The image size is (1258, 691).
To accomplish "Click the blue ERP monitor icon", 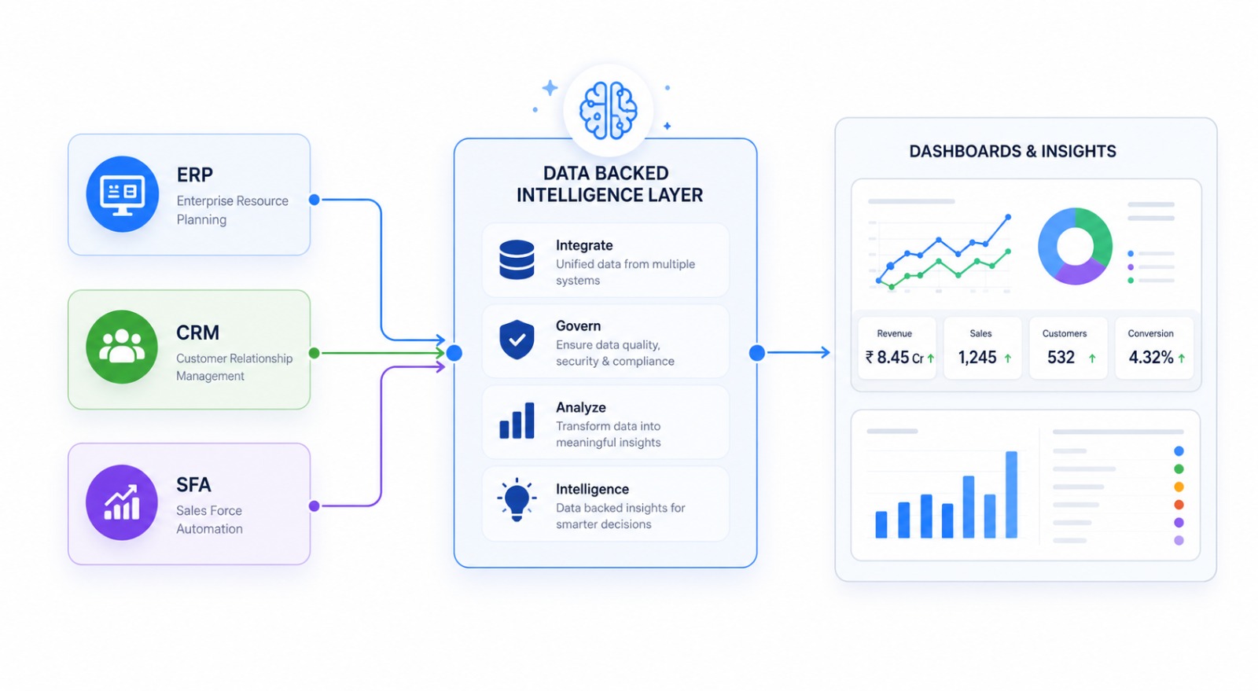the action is click(122, 194).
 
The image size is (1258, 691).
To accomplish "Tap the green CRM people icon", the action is click(122, 347).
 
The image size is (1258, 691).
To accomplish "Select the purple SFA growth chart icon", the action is click(122, 502).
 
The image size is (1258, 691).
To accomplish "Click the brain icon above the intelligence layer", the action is click(609, 110).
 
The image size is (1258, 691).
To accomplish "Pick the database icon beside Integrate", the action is click(517, 260).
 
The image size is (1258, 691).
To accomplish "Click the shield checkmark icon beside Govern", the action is click(517, 340).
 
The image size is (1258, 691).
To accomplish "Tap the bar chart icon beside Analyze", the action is click(517, 421).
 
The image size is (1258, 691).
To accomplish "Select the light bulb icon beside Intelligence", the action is click(517, 500).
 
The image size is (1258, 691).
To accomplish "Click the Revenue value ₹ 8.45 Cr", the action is click(895, 358).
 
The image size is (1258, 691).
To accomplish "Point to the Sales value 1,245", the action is click(977, 358).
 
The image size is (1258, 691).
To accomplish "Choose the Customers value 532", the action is click(1061, 358).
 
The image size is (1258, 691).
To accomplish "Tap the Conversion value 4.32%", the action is click(1151, 358).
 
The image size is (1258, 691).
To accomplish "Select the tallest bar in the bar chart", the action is click(1011, 494).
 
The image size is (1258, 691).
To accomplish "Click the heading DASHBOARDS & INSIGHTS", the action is click(1013, 152).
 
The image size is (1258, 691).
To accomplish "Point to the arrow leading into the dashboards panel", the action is click(798, 352).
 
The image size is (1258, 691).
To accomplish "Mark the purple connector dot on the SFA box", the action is click(314, 505).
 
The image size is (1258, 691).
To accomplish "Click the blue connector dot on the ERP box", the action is click(314, 199).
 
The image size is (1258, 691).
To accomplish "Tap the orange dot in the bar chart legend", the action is click(1179, 487).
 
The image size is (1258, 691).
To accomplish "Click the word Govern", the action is click(579, 326).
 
